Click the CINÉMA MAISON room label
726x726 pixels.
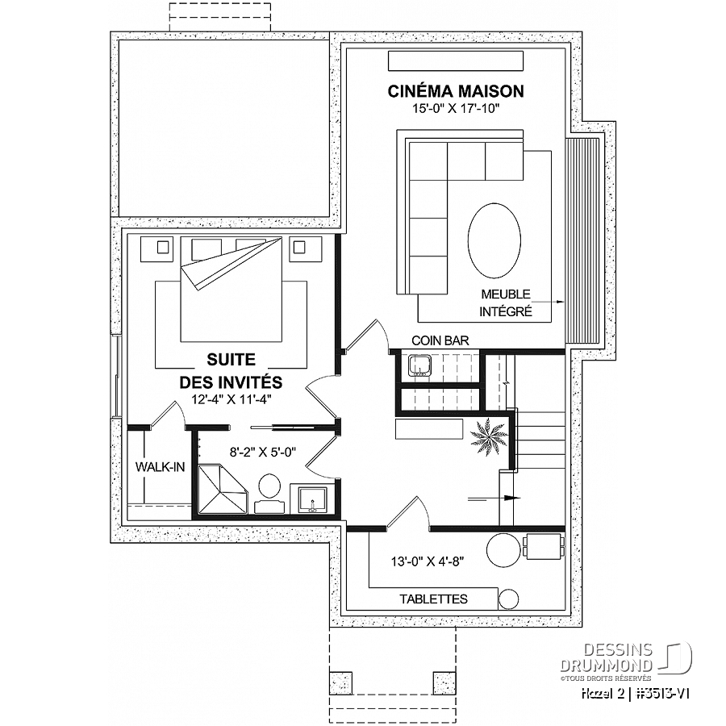click(x=456, y=90)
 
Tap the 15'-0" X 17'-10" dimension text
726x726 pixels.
click(x=456, y=109)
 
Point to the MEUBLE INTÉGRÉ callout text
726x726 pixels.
click(x=506, y=302)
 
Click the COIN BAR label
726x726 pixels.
click(x=440, y=340)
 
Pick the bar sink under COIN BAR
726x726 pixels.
click(x=419, y=365)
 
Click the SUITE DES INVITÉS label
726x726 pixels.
click(x=231, y=371)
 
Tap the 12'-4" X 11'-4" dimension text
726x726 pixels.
click(x=231, y=399)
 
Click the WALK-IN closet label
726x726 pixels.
click(x=160, y=467)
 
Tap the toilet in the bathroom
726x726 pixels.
click(x=269, y=494)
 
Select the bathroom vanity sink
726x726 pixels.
click(x=312, y=499)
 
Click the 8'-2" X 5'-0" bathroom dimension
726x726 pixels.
click(x=263, y=452)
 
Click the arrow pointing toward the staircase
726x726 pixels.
click(x=494, y=499)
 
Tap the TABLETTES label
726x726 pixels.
click(x=434, y=599)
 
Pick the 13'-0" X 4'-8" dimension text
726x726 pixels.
click(x=428, y=561)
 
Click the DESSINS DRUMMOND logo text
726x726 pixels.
click(x=607, y=658)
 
